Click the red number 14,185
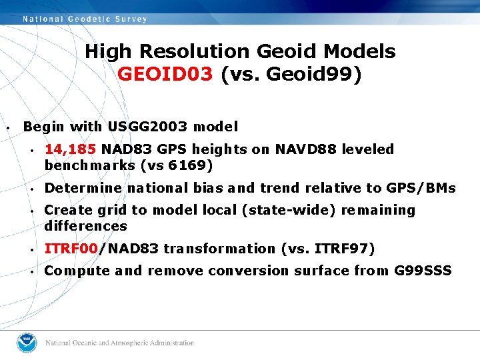71,149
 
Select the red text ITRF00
71,249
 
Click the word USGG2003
151,127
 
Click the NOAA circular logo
29,343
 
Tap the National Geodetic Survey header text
85,19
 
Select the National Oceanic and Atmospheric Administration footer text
119,343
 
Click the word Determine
83,188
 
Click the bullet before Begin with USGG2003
7,127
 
